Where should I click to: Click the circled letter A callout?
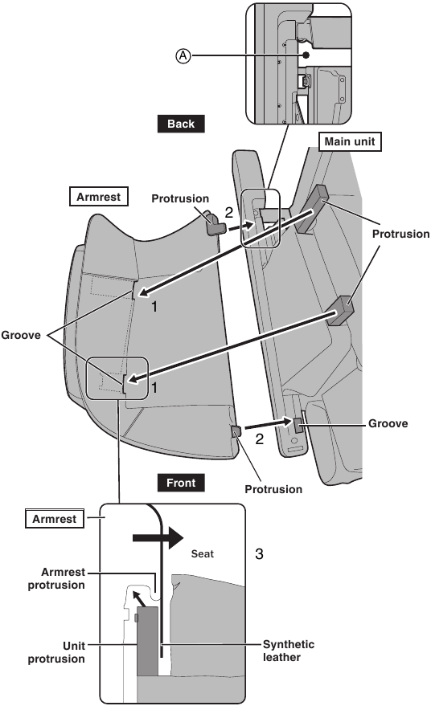pyautogui.click(x=183, y=56)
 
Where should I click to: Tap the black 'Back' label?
pyautogui.click(x=181, y=124)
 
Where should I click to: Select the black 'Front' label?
pyautogui.click(x=181, y=483)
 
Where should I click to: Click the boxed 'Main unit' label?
pyautogui.click(x=350, y=142)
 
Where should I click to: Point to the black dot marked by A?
pyautogui.click(x=306, y=55)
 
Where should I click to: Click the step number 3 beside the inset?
pyautogui.click(x=259, y=553)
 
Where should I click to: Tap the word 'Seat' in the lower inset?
pyautogui.click(x=203, y=554)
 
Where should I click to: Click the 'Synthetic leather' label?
pyautogui.click(x=289, y=651)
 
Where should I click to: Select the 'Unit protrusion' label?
pyautogui.click(x=56, y=652)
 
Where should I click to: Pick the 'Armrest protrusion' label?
pyautogui.click(x=56, y=578)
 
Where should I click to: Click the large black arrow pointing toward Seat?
pyautogui.click(x=158, y=537)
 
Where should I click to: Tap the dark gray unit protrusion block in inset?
pyautogui.click(x=147, y=641)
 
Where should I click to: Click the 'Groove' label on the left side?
pyautogui.click(x=21, y=335)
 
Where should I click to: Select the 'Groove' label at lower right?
pyautogui.click(x=388, y=423)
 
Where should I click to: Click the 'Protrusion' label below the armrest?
pyautogui.click(x=273, y=489)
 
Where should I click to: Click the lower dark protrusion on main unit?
pyautogui.click(x=340, y=311)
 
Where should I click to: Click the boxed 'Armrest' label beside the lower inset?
pyautogui.click(x=55, y=519)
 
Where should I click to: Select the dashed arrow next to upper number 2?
pyautogui.click(x=240, y=226)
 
